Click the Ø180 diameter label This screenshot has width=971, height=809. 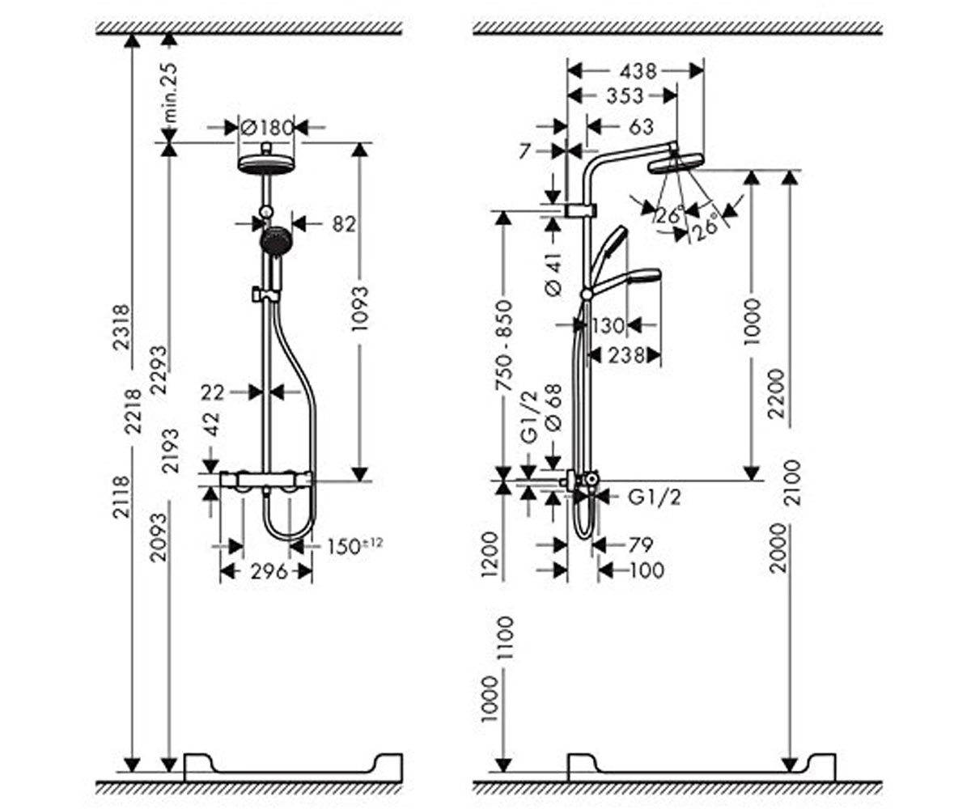tap(266, 127)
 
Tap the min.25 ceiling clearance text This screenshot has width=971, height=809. tap(171, 92)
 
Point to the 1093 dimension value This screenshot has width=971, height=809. tap(359, 309)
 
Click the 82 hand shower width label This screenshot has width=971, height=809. tap(344, 224)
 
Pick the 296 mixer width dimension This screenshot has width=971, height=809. tap(269, 572)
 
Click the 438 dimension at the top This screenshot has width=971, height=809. tap(638, 71)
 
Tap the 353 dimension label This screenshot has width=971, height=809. tap(625, 95)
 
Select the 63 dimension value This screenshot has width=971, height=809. tap(642, 126)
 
